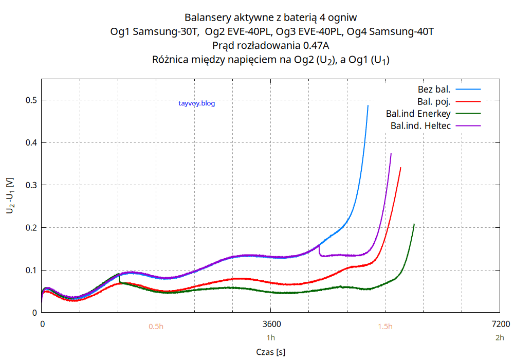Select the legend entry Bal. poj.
click(x=434, y=101)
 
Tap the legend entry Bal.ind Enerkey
click(x=418, y=113)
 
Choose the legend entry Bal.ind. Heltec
click(x=420, y=125)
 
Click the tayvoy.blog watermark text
click(x=196, y=103)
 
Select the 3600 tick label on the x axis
click(x=271, y=324)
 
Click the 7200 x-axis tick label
click(x=500, y=324)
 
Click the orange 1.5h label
click(x=385, y=327)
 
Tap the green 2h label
click(x=500, y=338)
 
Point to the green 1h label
click(x=271, y=338)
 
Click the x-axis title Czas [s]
click(x=271, y=352)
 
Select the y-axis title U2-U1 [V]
click(x=10, y=195)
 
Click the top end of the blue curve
click(x=368, y=105)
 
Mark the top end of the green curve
click(x=414, y=224)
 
